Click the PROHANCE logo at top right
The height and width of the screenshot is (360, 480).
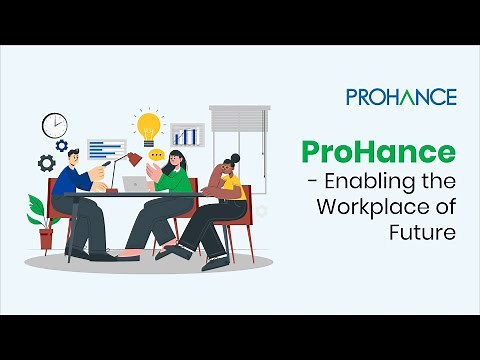pos(401,97)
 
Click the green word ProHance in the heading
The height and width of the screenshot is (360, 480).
pos(379,154)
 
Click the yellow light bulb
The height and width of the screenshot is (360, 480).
pos(148,126)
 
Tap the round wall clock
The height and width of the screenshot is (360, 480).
pos(55,125)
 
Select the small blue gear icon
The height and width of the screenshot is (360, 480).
pos(62,146)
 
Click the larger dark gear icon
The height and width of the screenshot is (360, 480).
pos(46,162)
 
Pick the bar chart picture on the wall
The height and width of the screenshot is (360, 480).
pos(187,134)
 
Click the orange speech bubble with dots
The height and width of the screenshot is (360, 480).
pos(156,155)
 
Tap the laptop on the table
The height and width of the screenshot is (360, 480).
pos(134,184)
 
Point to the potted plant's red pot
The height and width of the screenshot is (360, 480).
pos(46,238)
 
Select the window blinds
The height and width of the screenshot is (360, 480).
pos(237,126)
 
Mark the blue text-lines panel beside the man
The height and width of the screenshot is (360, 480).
pos(106,148)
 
